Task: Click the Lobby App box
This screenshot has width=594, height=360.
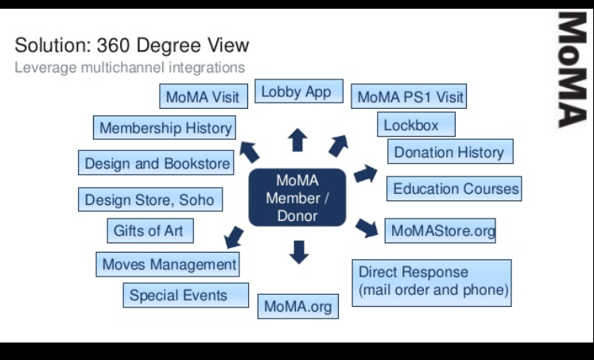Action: click(297, 92)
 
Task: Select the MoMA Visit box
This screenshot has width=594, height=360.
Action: click(202, 98)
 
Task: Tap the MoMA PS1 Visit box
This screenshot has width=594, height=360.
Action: click(408, 98)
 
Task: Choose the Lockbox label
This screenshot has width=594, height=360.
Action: click(417, 125)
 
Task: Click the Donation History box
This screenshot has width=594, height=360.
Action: click(449, 152)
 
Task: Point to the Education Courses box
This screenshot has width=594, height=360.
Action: click(455, 189)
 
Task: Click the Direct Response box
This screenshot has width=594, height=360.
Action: click(432, 282)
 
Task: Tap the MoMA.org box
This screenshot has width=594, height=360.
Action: click(298, 306)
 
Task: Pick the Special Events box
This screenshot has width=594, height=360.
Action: click(186, 296)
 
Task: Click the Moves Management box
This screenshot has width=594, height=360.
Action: click(169, 264)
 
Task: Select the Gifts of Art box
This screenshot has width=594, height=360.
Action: click(149, 231)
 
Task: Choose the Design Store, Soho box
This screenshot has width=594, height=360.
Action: click(149, 199)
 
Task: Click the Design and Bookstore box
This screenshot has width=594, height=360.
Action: click(157, 164)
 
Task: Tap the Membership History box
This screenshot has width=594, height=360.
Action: click(165, 128)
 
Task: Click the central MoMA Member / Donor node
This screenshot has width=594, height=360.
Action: click(297, 197)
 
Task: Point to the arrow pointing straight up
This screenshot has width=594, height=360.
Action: click(297, 140)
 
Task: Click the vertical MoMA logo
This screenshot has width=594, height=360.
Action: click(570, 69)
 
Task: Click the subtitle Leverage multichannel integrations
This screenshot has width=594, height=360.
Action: click(130, 68)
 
